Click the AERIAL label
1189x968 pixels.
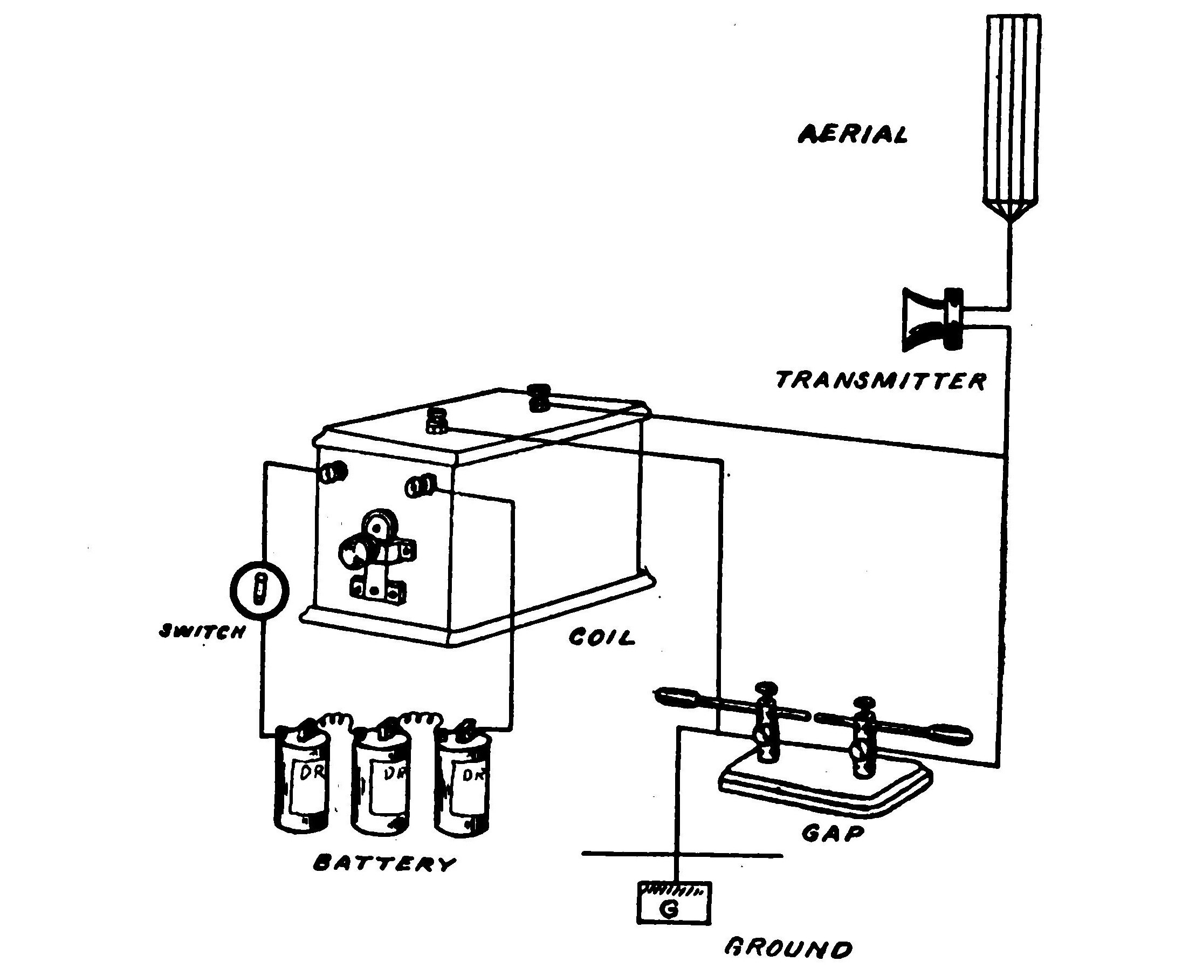(x=853, y=134)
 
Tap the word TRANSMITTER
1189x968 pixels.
(x=881, y=381)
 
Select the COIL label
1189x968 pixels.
(x=601, y=637)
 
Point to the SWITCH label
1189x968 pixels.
(x=202, y=632)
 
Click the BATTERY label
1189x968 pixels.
(x=384, y=864)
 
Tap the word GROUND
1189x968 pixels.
(x=788, y=949)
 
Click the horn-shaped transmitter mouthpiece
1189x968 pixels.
(x=922, y=320)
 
